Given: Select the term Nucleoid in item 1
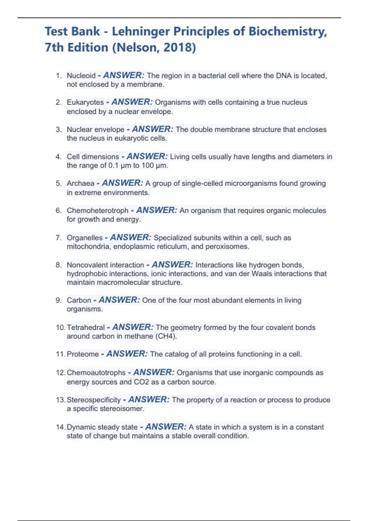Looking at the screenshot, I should tap(81, 76).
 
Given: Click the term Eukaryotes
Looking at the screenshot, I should tap(85, 102).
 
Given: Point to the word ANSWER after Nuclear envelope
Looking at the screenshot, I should tap(152, 129).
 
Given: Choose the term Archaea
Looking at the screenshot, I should tap(80, 183).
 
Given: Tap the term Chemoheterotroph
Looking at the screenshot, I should tap(98, 211).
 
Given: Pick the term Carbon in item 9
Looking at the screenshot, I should tap(79, 300).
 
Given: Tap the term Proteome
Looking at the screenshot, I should tap(83, 354).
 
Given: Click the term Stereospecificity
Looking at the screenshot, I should tap(94, 400).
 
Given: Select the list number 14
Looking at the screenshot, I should tap(60, 427).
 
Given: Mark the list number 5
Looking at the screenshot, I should tap(59, 183).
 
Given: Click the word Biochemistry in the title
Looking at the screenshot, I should tap(288, 32).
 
